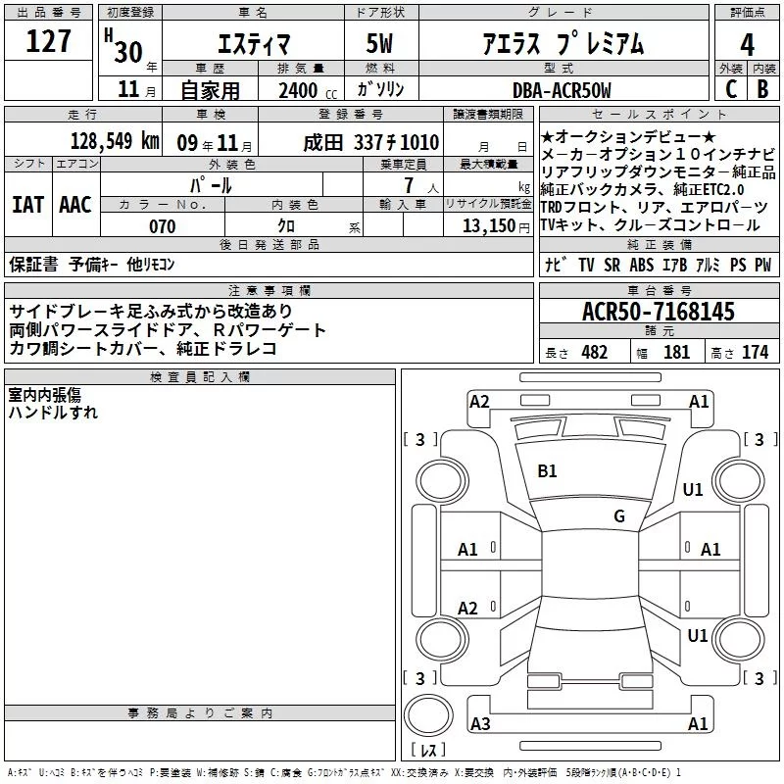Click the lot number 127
(x=48, y=41)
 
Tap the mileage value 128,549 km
(x=115, y=141)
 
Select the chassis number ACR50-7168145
(x=659, y=312)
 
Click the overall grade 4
(x=747, y=44)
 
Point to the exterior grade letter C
(x=731, y=89)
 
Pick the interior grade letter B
(x=762, y=89)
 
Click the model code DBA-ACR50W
(x=562, y=90)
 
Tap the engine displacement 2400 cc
(x=308, y=90)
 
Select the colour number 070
(x=163, y=226)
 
